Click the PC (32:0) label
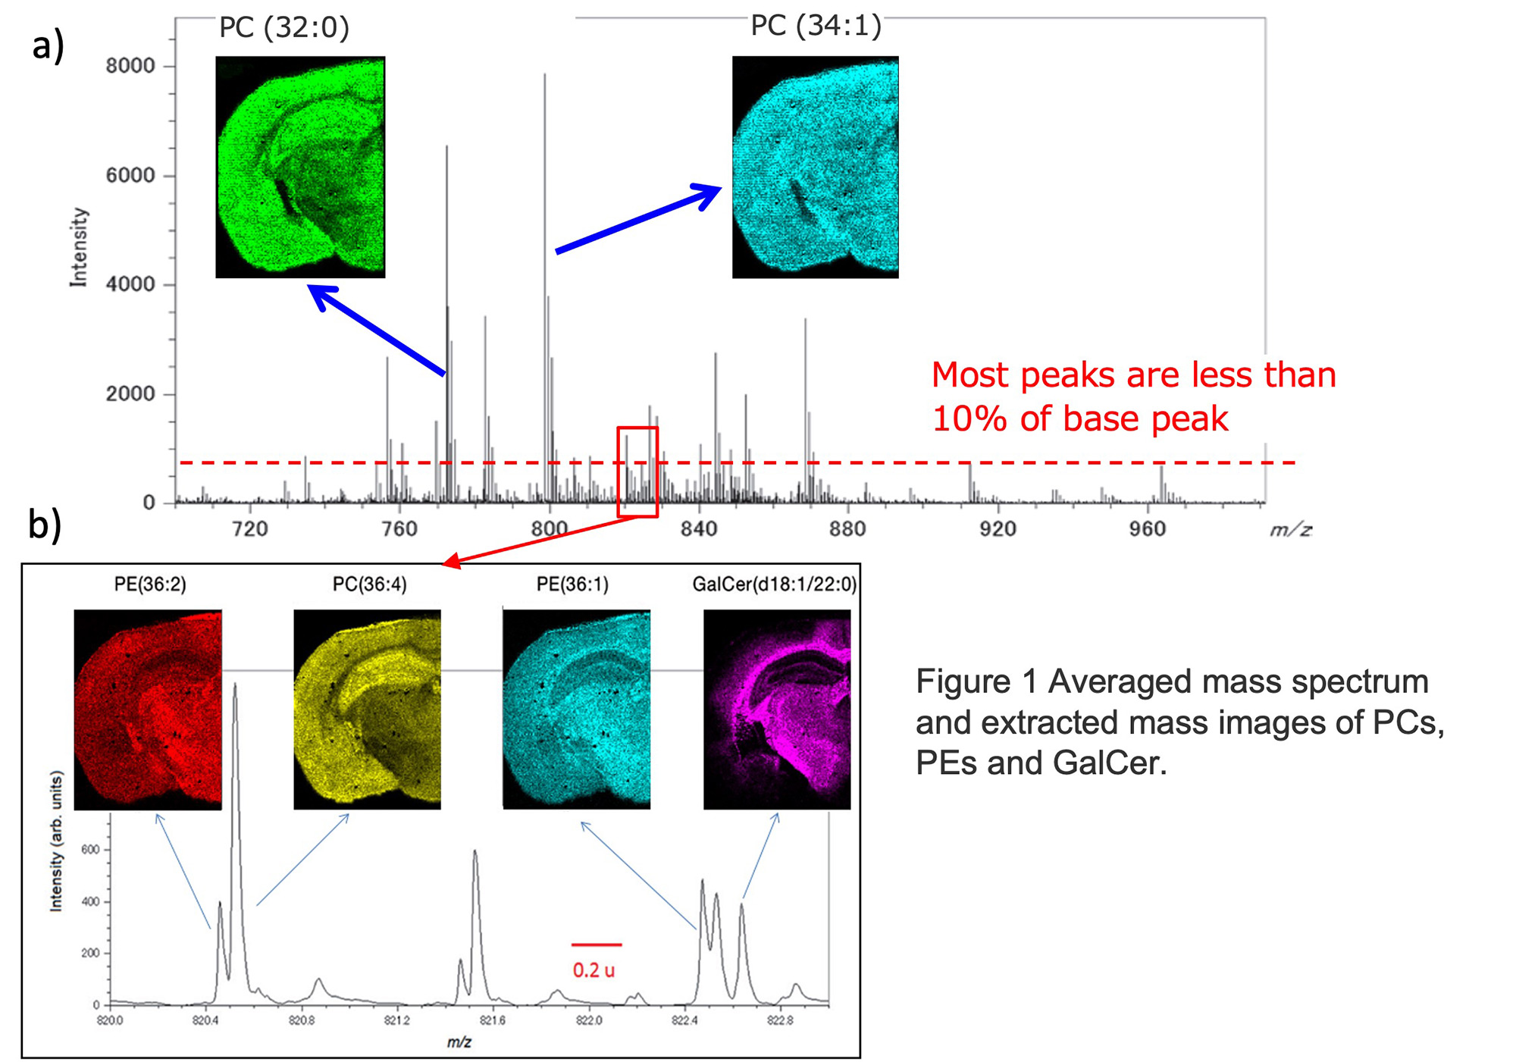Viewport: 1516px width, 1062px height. (284, 28)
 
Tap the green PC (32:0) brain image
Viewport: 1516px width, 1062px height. (300, 167)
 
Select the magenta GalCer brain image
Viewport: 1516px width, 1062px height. (777, 710)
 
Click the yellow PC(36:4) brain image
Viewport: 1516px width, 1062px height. (367, 710)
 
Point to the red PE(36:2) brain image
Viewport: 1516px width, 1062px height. (148, 710)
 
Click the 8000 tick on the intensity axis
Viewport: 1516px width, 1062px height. (130, 66)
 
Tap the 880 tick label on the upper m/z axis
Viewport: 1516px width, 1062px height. (847, 528)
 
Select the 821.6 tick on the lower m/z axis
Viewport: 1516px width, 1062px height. (493, 1020)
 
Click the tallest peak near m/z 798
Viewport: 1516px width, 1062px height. (544, 227)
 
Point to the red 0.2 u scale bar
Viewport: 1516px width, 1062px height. (597, 945)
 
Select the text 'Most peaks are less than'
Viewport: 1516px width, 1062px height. (1133, 375)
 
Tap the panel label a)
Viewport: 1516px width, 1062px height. (48, 45)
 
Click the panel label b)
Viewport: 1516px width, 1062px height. (45, 524)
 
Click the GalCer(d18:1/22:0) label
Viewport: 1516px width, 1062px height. (775, 584)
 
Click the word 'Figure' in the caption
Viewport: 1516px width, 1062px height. (963, 681)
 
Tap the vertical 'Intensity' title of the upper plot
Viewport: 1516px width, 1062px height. (79, 247)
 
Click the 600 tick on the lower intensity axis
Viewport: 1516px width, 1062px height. (91, 850)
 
